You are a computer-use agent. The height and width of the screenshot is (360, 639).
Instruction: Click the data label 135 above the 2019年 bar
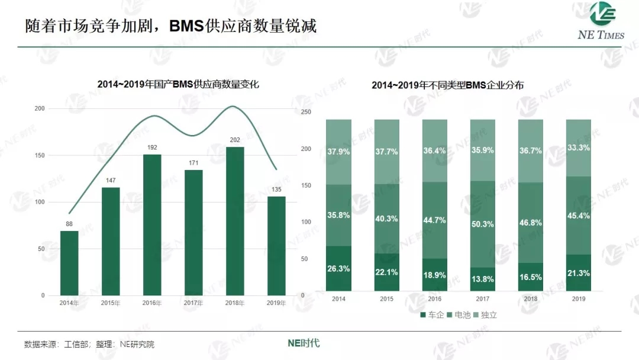[x=276, y=189]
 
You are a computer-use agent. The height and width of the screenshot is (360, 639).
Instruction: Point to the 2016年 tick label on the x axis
[x=152, y=303]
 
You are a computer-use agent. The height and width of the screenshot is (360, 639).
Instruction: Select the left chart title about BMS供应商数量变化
[x=178, y=85]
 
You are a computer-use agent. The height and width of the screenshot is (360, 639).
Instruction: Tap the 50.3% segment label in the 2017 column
[x=482, y=224]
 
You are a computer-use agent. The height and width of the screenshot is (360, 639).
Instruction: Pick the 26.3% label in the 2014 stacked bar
[x=338, y=269]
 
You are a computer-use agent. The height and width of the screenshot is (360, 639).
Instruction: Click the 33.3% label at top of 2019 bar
[x=578, y=148]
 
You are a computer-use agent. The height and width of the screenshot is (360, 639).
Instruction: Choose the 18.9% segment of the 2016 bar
[x=434, y=275]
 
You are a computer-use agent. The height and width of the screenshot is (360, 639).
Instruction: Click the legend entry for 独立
[x=485, y=315]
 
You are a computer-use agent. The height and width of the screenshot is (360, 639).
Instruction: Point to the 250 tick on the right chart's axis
[x=305, y=112]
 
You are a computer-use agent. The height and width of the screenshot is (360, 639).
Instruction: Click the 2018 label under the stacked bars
[x=530, y=299]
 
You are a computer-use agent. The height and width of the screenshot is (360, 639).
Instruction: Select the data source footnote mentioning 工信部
[x=89, y=344]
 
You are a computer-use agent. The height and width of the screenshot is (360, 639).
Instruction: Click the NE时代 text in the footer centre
[x=304, y=343]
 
